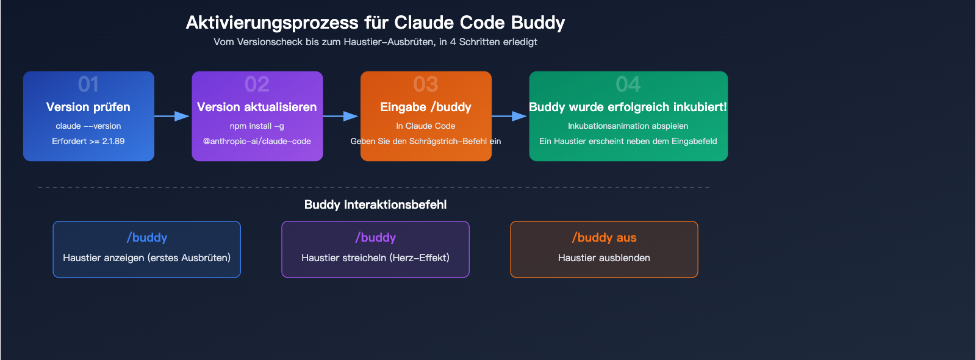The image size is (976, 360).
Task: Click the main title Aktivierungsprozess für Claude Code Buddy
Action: click(x=375, y=23)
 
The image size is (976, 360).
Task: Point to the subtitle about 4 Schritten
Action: click(x=375, y=42)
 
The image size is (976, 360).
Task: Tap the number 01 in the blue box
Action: click(x=88, y=84)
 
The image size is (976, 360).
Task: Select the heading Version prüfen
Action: click(x=88, y=107)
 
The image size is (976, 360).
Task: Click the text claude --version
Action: click(x=88, y=126)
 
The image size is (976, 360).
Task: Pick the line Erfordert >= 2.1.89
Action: click(x=88, y=141)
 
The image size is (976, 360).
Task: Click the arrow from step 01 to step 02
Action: click(x=173, y=116)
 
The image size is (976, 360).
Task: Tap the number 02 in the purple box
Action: click(x=257, y=84)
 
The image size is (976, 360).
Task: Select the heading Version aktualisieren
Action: click(x=257, y=107)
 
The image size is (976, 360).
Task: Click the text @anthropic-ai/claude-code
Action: click(x=257, y=141)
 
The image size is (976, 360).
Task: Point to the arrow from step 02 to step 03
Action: click(x=341, y=116)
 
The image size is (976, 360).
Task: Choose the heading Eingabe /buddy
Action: click(x=426, y=107)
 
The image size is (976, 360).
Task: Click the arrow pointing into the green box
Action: click(x=510, y=116)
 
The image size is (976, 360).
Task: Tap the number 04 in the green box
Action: click(x=628, y=84)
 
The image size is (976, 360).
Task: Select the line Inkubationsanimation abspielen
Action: click(x=628, y=126)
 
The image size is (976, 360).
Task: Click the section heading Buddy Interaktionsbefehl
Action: click(x=375, y=204)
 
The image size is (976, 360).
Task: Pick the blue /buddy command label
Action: click(x=147, y=237)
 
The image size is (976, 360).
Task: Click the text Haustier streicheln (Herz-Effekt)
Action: click(x=375, y=257)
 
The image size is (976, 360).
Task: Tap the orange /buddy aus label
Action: click(x=604, y=237)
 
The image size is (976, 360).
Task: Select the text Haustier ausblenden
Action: click(x=604, y=257)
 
